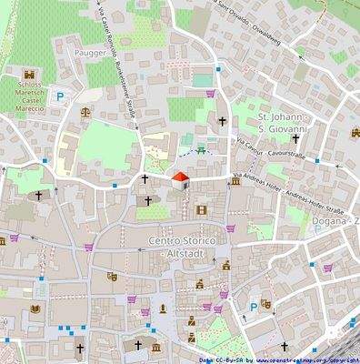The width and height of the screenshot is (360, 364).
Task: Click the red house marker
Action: tap(180, 178)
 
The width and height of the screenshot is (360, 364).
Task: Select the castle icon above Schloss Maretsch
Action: tap(30, 74)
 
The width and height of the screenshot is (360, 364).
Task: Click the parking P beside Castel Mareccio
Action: tap(61, 96)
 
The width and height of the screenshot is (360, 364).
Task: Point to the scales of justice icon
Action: tap(86, 113)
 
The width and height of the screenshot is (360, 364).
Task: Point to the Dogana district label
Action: tap(333, 221)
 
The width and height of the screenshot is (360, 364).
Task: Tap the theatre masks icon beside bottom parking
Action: tap(266, 304)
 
